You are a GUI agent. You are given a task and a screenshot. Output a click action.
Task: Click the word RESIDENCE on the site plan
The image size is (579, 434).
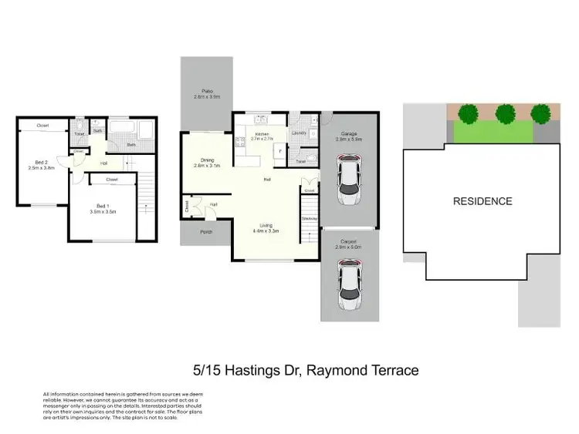pyautogui.click(x=482, y=201)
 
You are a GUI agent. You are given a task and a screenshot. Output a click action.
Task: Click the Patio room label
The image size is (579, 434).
pyautogui.click(x=207, y=91)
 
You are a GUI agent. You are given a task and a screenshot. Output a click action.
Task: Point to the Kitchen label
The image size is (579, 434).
pyautogui.click(x=262, y=134)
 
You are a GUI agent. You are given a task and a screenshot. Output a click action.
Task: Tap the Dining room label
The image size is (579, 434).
pyautogui.click(x=207, y=160)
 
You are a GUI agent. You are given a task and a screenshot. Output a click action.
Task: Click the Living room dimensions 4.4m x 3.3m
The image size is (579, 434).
pyautogui.click(x=265, y=230)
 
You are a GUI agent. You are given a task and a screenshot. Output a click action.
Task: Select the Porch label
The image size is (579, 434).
pyautogui.click(x=206, y=231)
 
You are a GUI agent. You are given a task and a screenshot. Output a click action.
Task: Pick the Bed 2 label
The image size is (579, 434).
pyautogui.click(x=42, y=162)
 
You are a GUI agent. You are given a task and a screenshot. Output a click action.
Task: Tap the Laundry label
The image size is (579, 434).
pyautogui.click(x=300, y=133)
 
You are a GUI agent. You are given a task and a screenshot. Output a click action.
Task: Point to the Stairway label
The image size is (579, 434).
pyautogui.click(x=310, y=219)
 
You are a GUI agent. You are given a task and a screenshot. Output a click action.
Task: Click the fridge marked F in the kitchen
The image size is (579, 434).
pyautogui.click(x=279, y=152)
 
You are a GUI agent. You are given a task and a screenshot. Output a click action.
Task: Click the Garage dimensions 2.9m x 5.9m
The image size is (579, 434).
pyautogui.click(x=349, y=140)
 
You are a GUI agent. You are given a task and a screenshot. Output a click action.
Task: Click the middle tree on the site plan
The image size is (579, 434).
pyautogui.click(x=506, y=114)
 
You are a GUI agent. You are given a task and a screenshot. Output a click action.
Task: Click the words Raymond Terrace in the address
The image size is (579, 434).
pyautogui.click(x=363, y=371)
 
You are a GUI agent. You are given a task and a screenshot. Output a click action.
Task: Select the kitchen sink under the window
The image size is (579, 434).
pyautogui.click(x=261, y=120)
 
